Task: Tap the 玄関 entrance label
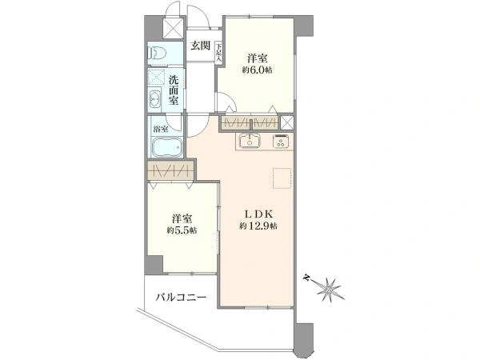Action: click(x=201, y=46)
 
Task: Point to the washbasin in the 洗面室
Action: click(x=156, y=102)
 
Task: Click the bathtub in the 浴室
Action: click(x=165, y=148)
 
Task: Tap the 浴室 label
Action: click(x=160, y=128)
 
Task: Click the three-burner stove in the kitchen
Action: click(x=282, y=142)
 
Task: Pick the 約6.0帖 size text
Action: click(x=257, y=70)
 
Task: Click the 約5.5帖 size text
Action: click(x=182, y=230)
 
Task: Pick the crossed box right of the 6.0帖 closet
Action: click(x=287, y=122)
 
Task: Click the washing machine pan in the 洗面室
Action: click(x=156, y=80)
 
